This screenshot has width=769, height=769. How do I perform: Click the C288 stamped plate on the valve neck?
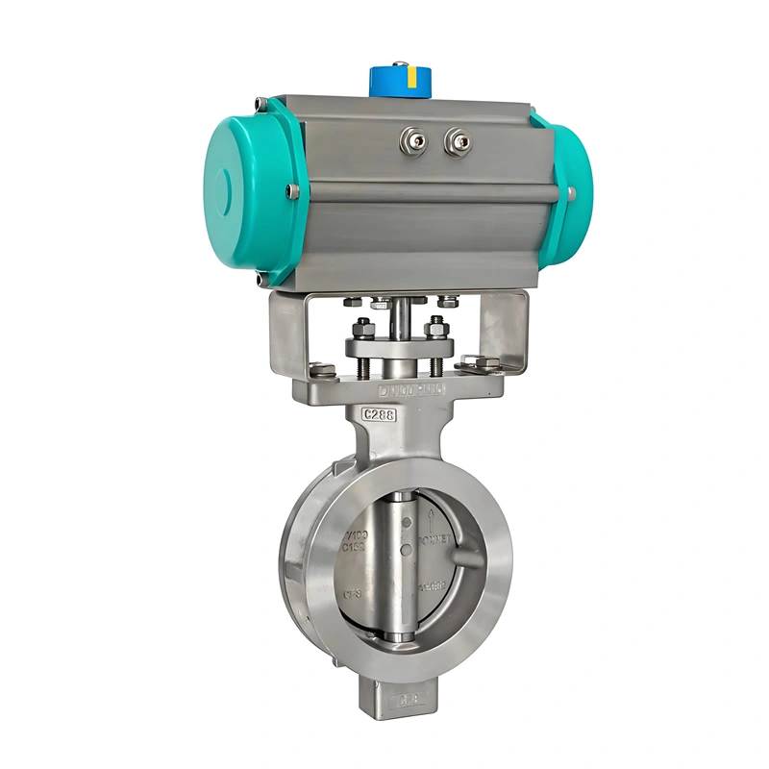pos(380,414)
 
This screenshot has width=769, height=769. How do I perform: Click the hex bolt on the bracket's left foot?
pos(320,367)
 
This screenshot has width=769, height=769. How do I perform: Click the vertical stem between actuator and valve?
pos(397,327)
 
